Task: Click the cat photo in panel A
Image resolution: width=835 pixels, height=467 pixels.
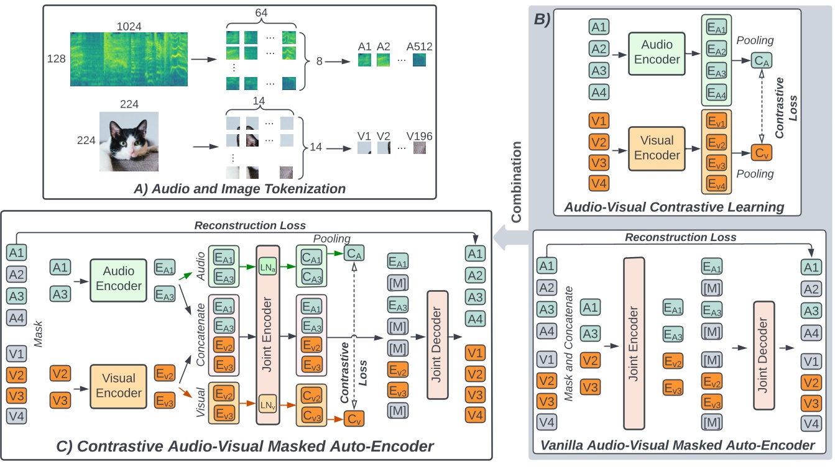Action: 129,141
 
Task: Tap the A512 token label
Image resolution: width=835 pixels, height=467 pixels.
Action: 419,46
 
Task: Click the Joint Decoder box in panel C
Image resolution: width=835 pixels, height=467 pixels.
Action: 437,346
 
